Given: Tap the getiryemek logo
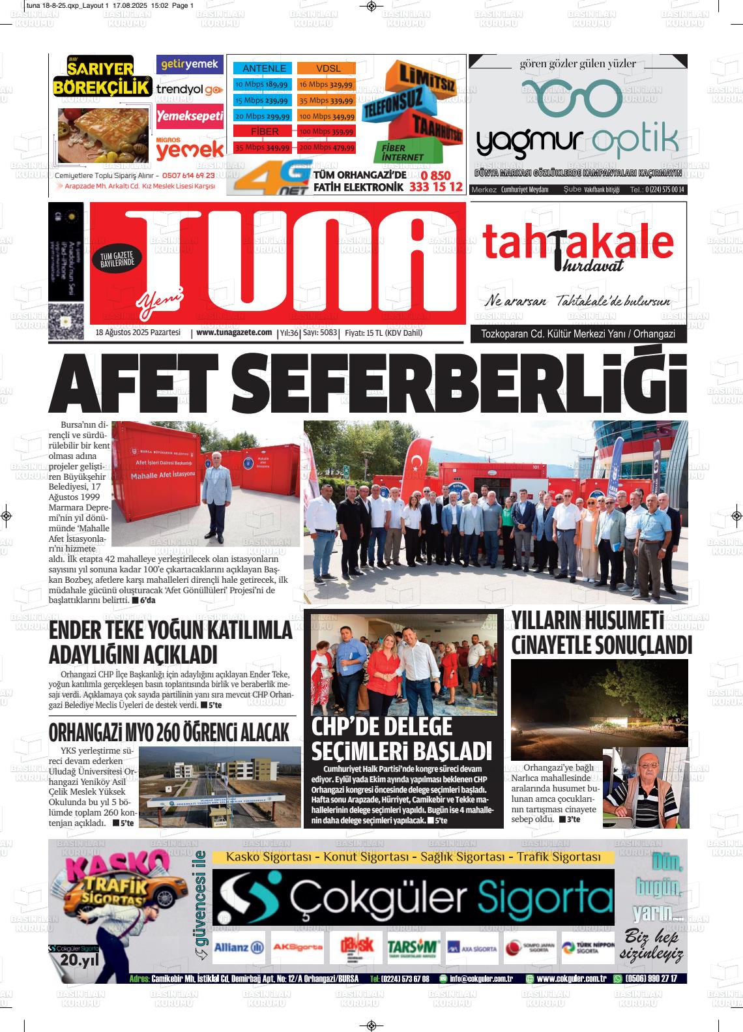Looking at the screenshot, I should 190,64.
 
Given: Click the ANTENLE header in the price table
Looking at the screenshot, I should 264,68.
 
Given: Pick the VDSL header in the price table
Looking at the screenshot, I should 328,68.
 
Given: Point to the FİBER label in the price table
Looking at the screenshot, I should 265,132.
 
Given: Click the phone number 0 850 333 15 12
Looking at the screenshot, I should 436,182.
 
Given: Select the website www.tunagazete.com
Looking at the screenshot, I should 233,332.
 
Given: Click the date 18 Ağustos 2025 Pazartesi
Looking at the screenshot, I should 138,332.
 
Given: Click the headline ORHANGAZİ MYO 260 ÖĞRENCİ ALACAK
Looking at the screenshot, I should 169,732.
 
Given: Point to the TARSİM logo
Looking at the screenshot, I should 413,947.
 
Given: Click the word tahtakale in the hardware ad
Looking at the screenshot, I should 577,243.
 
